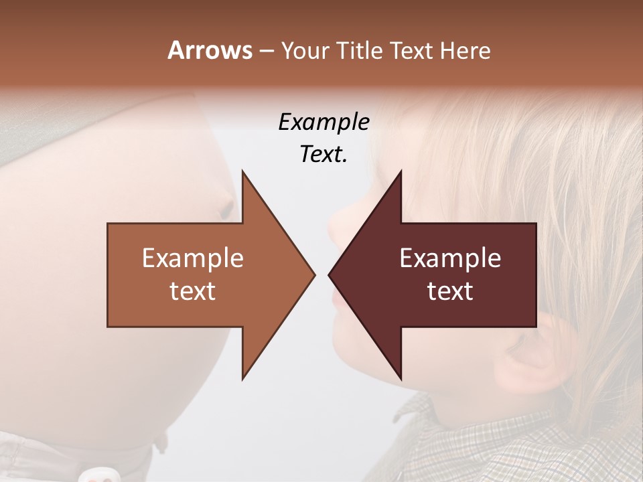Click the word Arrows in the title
click(x=210, y=50)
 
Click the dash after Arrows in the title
click(x=266, y=52)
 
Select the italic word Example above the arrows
click(x=324, y=122)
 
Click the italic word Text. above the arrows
click(x=324, y=154)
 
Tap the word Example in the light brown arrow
click(x=192, y=258)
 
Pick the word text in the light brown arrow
click(x=192, y=291)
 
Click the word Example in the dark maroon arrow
click(x=450, y=258)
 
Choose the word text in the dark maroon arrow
click(x=450, y=291)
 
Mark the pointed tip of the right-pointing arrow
click(x=314, y=274)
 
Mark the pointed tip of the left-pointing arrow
click(x=329, y=274)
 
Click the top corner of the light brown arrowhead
click(x=242, y=171)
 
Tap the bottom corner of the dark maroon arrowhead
click(x=401, y=379)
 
